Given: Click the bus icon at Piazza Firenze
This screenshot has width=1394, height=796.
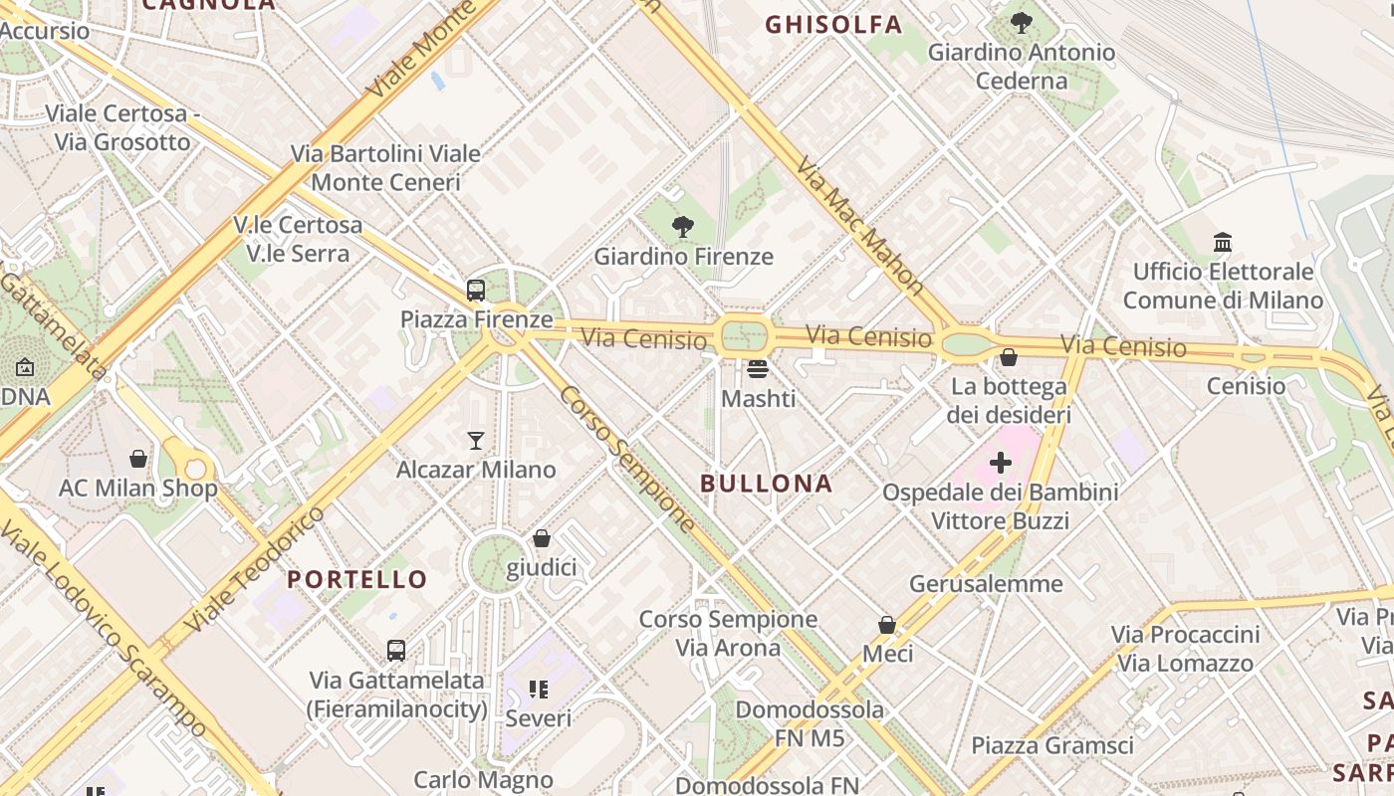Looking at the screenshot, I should click(x=476, y=291).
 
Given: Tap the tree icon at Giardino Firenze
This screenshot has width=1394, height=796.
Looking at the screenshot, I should click(x=683, y=227).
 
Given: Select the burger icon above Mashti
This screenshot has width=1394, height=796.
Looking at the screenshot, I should click(x=758, y=369).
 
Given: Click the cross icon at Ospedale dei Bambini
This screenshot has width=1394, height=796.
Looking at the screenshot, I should click(x=1001, y=463).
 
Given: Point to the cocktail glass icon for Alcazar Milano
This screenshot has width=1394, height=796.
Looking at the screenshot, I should click(x=476, y=440).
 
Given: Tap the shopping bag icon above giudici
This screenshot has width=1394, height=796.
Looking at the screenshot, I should click(x=542, y=538).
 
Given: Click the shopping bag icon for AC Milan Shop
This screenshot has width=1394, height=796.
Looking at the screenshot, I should click(x=138, y=459).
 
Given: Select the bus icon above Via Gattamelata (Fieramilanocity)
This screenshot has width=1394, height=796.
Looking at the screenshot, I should click(x=396, y=651).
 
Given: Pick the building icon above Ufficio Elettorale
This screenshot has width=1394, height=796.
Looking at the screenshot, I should click(x=1223, y=242).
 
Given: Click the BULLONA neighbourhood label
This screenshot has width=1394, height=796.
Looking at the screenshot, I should click(x=766, y=484).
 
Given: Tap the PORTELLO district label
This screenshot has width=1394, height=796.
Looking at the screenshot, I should click(x=357, y=579).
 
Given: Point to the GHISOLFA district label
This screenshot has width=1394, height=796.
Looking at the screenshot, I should click(x=833, y=25).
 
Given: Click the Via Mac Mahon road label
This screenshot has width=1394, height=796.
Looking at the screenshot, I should click(x=861, y=228).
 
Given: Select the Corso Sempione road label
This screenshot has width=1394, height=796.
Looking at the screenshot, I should click(x=627, y=459).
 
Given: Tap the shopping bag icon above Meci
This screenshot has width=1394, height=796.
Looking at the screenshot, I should click(x=887, y=625).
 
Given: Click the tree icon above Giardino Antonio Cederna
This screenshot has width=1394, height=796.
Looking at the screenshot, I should click(x=1022, y=22).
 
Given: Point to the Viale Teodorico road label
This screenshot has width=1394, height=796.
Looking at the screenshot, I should click(x=256, y=570).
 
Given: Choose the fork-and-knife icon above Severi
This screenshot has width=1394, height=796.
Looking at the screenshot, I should click(x=539, y=689).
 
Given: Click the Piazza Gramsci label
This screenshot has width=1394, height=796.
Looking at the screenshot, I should click(x=1052, y=745).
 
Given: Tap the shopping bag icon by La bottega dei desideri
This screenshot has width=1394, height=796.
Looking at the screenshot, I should click(x=1009, y=356).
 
